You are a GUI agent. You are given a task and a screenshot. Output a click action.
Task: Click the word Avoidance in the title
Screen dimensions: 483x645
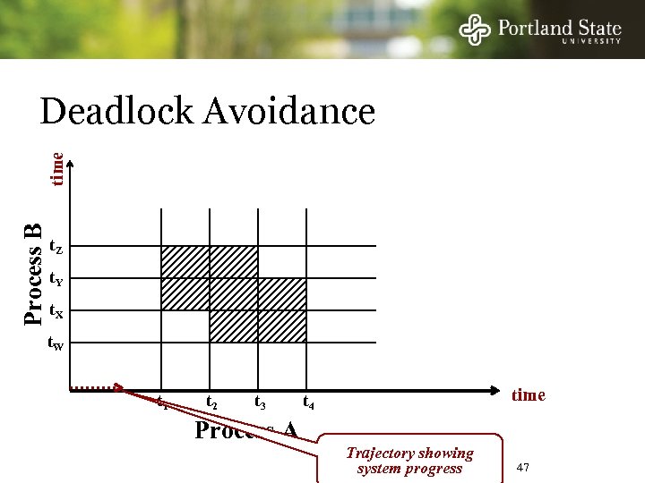pos(289,113)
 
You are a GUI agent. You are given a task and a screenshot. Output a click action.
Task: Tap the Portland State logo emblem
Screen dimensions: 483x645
pos(475,30)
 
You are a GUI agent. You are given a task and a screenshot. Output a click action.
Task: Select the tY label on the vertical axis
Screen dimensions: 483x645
pos(56,279)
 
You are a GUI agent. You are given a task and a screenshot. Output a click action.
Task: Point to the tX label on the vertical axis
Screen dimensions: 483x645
pos(56,311)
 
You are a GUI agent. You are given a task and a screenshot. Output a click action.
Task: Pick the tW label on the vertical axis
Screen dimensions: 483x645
pos(56,343)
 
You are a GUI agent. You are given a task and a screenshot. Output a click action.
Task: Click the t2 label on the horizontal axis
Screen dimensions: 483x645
pos(211,403)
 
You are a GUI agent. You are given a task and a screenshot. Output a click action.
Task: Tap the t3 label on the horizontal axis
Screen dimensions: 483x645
pos(261,403)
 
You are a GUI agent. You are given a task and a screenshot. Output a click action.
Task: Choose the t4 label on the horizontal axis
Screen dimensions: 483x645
pos(308,403)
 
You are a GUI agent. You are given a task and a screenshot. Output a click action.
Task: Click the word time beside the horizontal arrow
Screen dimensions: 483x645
pos(528,395)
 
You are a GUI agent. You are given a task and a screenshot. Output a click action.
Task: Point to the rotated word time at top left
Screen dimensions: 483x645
pos(56,169)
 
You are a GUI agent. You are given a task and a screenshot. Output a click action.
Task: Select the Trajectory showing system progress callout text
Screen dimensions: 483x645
pos(409,461)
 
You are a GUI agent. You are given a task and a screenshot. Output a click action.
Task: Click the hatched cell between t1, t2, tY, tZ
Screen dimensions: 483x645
pos(185,262)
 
